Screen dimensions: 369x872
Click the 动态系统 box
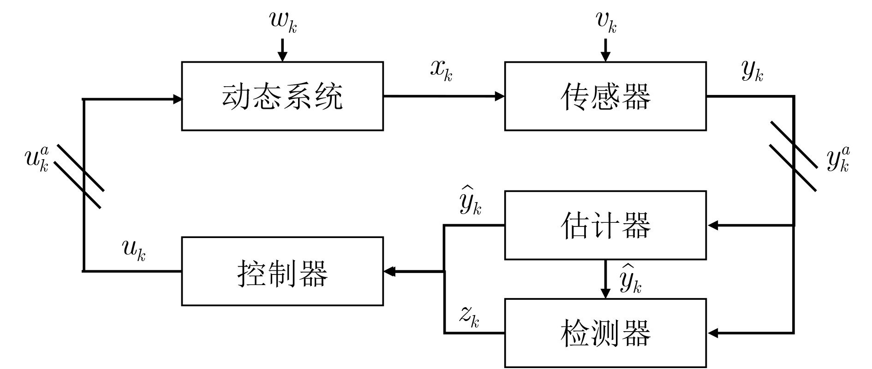click(282, 96)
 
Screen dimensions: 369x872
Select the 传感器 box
click(605, 96)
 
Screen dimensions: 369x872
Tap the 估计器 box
click(605, 225)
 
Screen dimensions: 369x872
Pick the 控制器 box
click(282, 272)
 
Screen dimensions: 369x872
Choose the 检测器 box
click(605, 333)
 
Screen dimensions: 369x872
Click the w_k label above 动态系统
click(283, 22)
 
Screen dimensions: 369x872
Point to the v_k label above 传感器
click(606, 22)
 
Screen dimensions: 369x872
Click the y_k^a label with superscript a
click(838, 160)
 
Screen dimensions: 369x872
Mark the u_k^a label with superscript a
click(37, 160)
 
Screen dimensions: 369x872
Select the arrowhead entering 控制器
click(390, 272)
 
